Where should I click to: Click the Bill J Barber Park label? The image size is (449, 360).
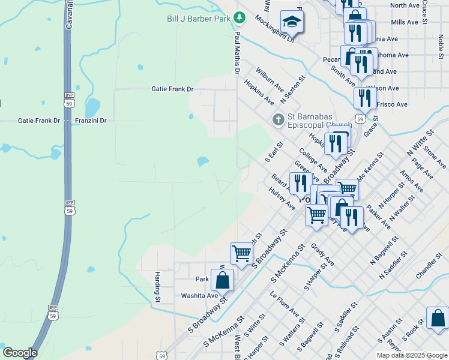[x=199, y=19]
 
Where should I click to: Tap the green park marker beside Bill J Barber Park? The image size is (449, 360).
[x=240, y=16]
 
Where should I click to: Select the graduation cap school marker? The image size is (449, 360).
[x=292, y=23]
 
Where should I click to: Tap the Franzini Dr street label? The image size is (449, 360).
[x=91, y=121]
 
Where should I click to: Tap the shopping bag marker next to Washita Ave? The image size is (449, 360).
[x=222, y=280]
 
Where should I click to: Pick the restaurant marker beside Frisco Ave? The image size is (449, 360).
[x=365, y=97]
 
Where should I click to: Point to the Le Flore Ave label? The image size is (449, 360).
[x=285, y=305]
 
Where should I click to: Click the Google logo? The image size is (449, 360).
[x=20, y=353]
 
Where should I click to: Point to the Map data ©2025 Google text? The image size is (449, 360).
[x=411, y=355]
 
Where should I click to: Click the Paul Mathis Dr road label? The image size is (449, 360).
[x=238, y=53]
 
